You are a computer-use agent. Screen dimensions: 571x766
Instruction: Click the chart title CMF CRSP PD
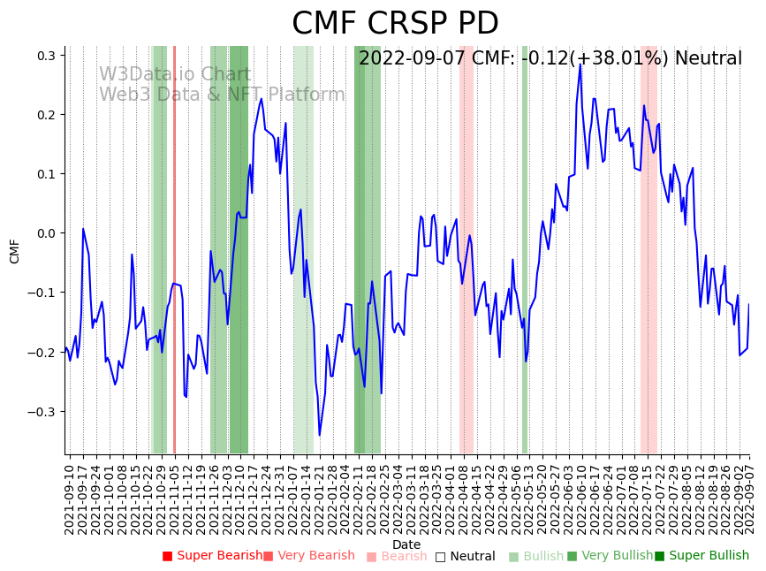395,24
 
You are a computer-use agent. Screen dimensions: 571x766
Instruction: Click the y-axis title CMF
15,251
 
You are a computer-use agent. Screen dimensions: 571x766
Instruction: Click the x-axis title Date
406,544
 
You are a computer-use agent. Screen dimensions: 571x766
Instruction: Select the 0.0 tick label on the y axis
46,233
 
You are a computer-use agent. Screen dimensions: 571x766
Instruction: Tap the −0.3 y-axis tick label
42,412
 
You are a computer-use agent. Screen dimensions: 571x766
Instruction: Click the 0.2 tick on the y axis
46,115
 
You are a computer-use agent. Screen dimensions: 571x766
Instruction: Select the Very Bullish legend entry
610,556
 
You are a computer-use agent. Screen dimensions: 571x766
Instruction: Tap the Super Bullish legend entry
701,556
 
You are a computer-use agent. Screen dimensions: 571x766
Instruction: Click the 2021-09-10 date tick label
71,499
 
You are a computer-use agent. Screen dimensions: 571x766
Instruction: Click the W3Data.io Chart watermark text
174,75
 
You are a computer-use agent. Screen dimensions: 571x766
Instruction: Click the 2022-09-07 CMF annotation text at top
550,59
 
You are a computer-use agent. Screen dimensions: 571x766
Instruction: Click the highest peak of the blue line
580,65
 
